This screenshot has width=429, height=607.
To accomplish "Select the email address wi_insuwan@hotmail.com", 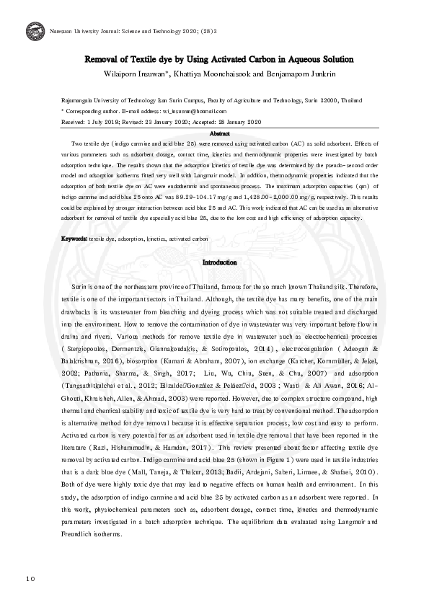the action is point(195,112).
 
